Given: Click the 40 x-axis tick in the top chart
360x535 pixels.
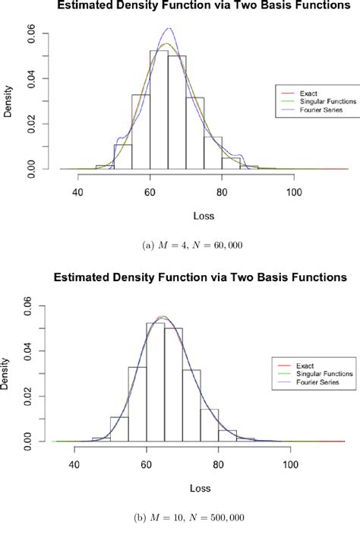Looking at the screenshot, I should tap(77, 193).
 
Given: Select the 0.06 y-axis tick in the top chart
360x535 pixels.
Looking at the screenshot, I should tap(52, 33).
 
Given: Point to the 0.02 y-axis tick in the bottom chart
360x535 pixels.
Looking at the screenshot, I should tap(49, 396).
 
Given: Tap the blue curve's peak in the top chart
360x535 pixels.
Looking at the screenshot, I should tap(169, 30).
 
